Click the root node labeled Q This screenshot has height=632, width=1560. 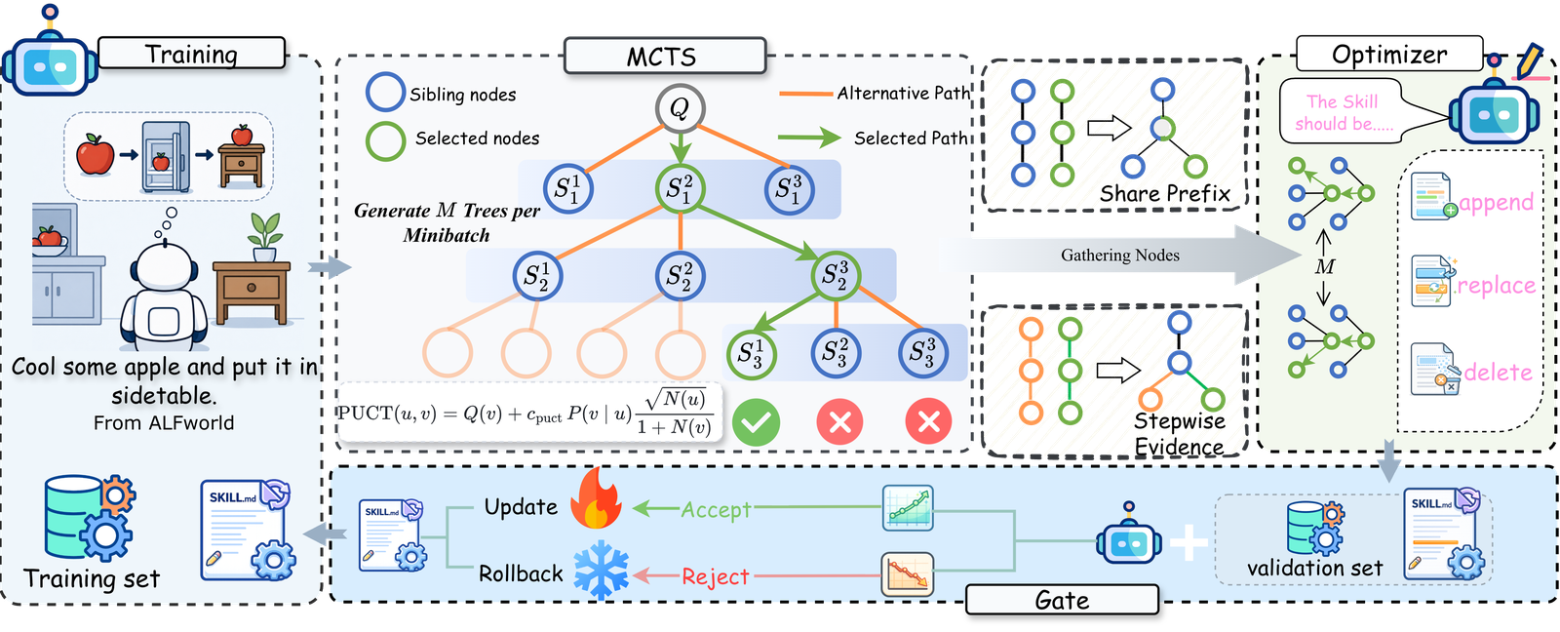680,108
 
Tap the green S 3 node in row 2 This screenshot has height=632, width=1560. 835,276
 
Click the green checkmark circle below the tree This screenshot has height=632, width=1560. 756,421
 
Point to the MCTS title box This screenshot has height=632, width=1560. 664,56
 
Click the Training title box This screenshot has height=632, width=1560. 191,54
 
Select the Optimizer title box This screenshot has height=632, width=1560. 1389,54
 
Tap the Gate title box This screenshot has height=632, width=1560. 1062,599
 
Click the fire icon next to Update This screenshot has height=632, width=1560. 596,499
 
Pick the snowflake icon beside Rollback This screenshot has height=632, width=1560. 601,572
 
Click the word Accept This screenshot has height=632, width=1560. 716,509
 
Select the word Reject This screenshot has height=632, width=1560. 716,576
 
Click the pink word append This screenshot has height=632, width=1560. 1496,203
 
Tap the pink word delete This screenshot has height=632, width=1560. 1498,373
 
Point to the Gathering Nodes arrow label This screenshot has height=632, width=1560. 1120,255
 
